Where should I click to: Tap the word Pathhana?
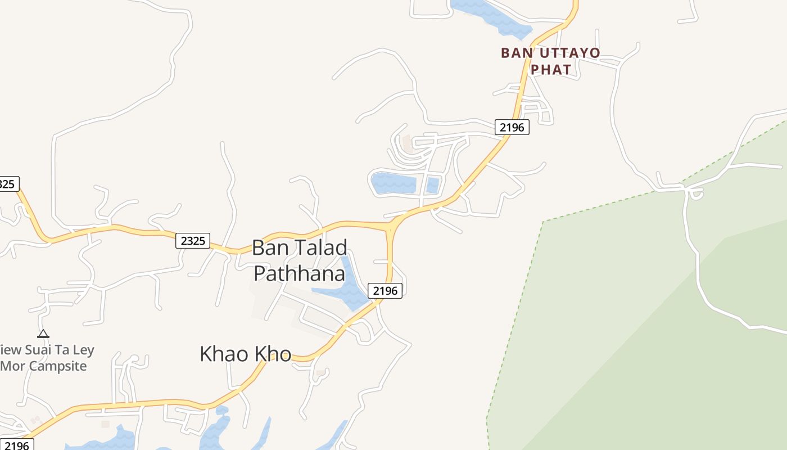click(299, 273)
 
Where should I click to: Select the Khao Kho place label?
click(246, 354)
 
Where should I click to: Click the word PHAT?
click(551, 70)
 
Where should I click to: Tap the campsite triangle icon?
click(43, 334)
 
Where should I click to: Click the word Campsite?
click(59, 366)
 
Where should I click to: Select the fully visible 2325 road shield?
click(192, 241)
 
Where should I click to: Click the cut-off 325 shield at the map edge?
click(8, 184)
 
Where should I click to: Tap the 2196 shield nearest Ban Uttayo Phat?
click(512, 127)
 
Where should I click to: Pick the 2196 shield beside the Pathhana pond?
click(385, 290)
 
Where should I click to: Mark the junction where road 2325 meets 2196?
click(390, 227)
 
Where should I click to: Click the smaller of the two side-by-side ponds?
click(432, 184)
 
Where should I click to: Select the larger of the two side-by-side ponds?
click(393, 183)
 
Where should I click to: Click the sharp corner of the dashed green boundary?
click(544, 222)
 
